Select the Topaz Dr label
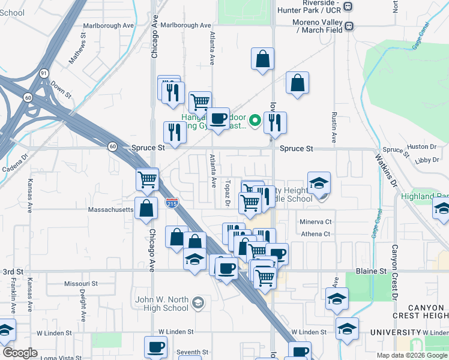click(x=228, y=193)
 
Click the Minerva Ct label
click(x=316, y=222)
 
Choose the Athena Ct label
click(x=316, y=234)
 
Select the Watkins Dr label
click(x=388, y=170)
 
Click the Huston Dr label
click(x=420, y=146)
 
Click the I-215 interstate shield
click(x=172, y=203)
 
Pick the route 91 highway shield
click(x=44, y=73)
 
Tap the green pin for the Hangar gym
click(x=255, y=121)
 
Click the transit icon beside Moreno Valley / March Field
click(x=348, y=26)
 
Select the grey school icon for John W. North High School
click(x=198, y=304)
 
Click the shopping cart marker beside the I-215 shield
click(x=148, y=179)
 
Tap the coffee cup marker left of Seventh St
click(x=156, y=347)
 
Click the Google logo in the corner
click(x=20, y=352)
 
